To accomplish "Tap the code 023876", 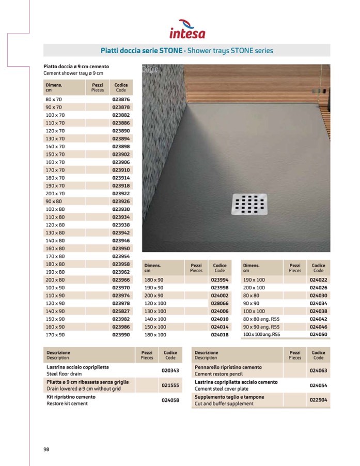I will click(121, 99).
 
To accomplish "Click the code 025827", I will click(121, 311).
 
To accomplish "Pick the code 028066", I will click(220, 303).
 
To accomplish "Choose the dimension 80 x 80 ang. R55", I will click(261, 319).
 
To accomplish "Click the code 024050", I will click(318, 335).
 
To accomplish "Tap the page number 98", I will click(46, 449).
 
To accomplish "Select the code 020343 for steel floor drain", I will click(170, 370).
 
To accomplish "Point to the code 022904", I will click(318, 400).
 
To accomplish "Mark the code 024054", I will click(318, 385).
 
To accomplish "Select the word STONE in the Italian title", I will click(170, 51).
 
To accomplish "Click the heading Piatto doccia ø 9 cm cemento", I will click(76, 67).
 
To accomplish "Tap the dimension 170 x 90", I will click(55, 335).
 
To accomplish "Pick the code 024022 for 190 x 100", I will click(318, 279).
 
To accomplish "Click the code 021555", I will click(170, 385).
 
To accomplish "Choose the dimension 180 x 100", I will click(155, 335).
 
